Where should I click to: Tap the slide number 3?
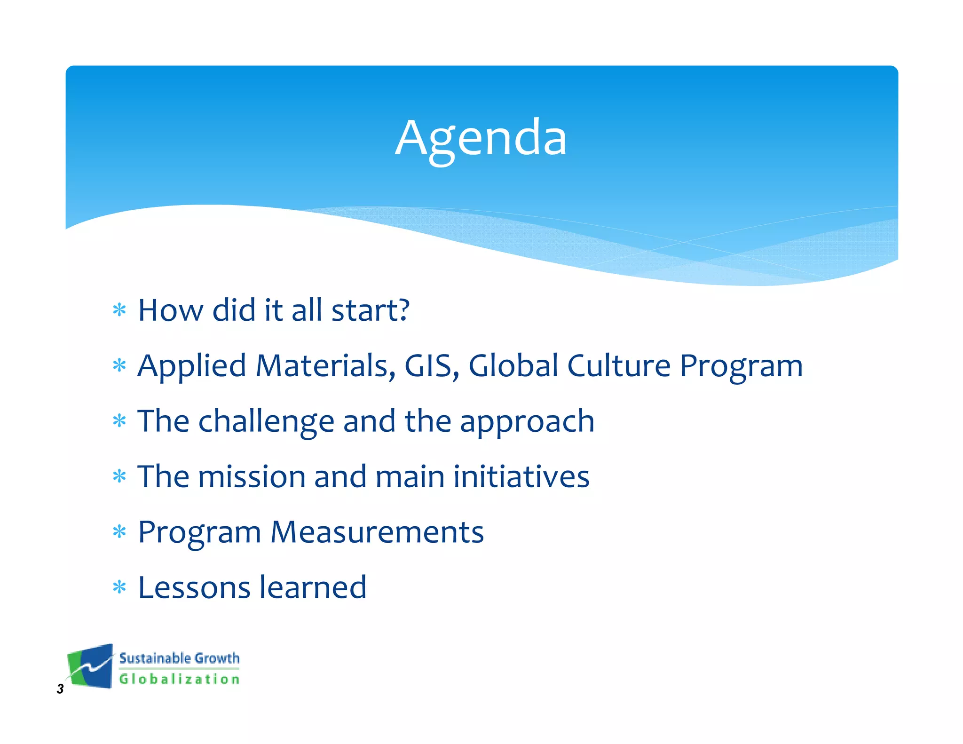60,689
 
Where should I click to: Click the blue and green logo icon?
90,666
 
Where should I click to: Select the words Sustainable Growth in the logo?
179,658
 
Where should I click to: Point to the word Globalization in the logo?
179,679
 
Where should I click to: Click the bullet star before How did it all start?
120,310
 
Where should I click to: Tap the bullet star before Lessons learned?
120,587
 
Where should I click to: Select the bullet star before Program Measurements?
120,532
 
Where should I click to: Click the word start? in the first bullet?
371,310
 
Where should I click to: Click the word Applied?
192,365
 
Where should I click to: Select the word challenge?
266,421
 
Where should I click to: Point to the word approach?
527,422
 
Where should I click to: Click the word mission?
251,476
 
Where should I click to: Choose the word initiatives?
521,476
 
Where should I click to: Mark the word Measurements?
377,532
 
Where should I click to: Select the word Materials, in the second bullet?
325,365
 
